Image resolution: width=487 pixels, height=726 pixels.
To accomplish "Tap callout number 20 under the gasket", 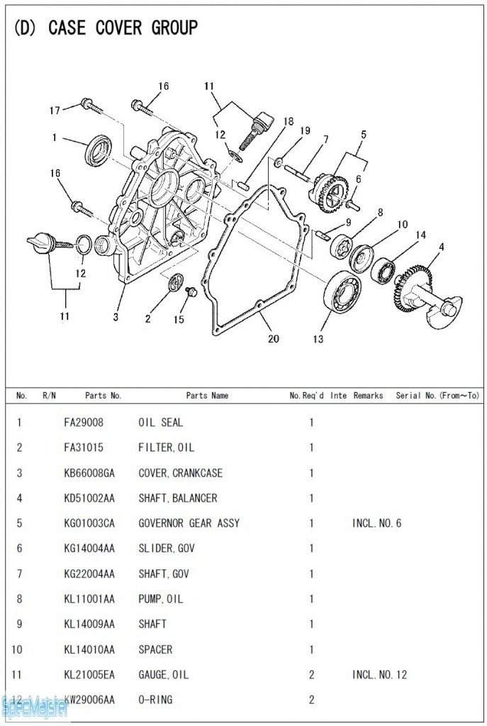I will click(x=274, y=339).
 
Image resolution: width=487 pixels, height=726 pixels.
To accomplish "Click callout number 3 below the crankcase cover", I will click(x=116, y=317).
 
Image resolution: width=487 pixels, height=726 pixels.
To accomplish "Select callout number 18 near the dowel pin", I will click(x=288, y=121).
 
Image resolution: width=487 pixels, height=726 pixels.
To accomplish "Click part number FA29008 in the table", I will click(x=84, y=423).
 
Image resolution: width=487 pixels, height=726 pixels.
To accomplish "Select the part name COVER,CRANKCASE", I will click(x=180, y=473).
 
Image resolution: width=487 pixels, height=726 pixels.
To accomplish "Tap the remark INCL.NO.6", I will click(x=376, y=523).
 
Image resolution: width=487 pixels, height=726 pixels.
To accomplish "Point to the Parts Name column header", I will click(x=207, y=396).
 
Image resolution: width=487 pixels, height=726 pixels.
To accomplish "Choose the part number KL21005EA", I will click(x=89, y=674).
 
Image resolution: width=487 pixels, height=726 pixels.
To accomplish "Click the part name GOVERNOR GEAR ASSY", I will click(x=189, y=523).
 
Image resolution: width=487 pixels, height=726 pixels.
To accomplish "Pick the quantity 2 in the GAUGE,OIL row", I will click(x=311, y=674).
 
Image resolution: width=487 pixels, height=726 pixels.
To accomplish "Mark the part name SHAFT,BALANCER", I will click(x=177, y=498).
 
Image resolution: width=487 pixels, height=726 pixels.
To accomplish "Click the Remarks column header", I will click(x=368, y=396).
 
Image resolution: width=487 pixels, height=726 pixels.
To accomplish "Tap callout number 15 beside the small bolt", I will click(x=179, y=320).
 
